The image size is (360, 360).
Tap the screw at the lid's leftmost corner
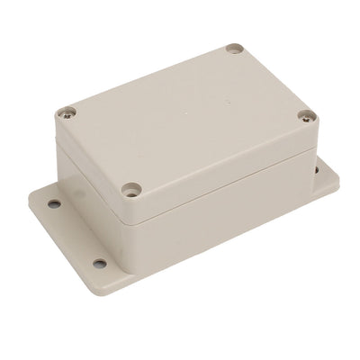(68, 113)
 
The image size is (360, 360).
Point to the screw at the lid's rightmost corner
(307, 116)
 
